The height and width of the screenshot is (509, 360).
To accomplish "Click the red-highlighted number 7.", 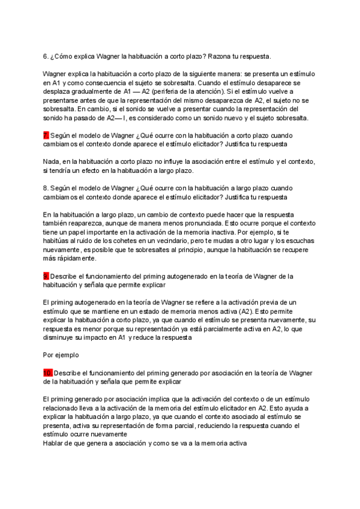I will click(46, 136).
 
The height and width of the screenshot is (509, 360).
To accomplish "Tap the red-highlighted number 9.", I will click(46, 276).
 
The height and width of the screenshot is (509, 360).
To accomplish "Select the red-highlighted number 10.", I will click(48, 373).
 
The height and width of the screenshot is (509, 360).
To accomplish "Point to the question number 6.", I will click(46, 56).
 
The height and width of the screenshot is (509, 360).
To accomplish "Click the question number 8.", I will click(46, 187).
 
